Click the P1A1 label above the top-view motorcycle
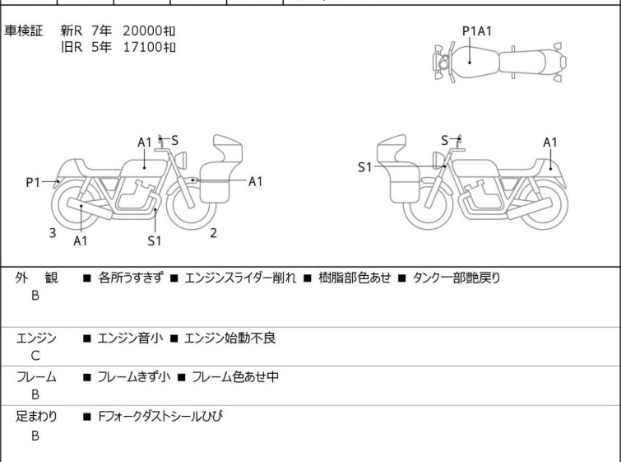[x=477, y=31]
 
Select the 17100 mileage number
[x=142, y=47]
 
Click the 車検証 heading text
[x=23, y=30]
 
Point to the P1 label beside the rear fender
[x=33, y=183]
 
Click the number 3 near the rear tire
[x=53, y=233]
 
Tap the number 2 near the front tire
[x=214, y=233]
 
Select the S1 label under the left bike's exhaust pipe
[x=154, y=240]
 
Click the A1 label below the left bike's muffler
[x=81, y=240]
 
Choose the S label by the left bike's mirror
[x=174, y=140]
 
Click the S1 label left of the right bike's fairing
[x=364, y=167]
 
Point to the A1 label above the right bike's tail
[x=550, y=142]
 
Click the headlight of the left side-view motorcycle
[x=181, y=160]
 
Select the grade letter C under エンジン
[x=35, y=356]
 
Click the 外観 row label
[x=36, y=278]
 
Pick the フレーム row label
[x=36, y=376]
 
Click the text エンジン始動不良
[x=229, y=338]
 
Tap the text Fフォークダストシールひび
[x=160, y=416]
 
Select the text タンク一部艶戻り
[x=456, y=278]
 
